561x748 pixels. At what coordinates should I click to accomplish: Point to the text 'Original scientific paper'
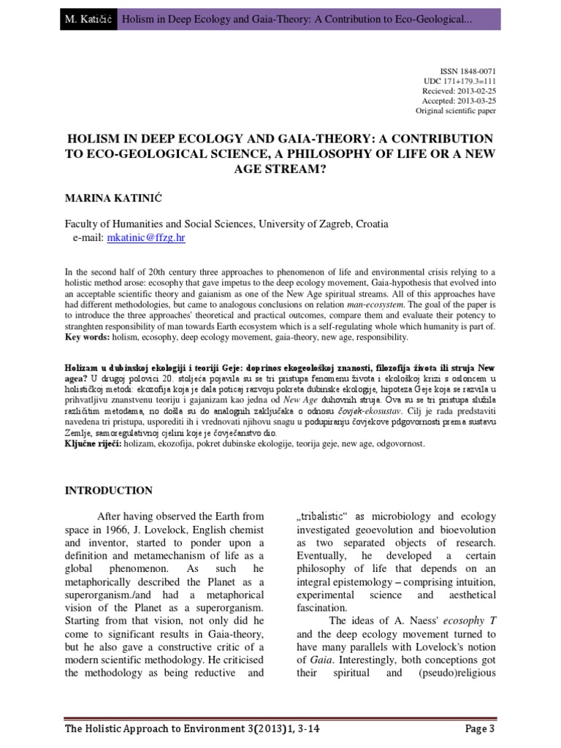[x=456, y=112]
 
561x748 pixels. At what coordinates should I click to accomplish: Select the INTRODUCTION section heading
[x=109, y=490]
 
